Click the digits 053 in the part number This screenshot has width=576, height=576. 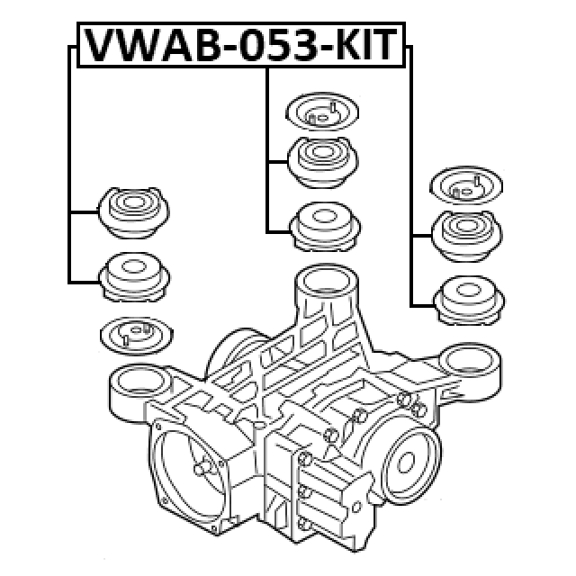point(279,45)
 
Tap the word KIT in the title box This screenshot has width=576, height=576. point(366,45)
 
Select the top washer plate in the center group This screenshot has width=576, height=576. point(322,112)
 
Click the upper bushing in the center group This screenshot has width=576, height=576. point(322,162)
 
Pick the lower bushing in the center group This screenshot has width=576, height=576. point(325,227)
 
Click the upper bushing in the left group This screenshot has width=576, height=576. point(134,212)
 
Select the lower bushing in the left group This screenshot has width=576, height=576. point(134,277)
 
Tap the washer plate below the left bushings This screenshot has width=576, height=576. point(136,336)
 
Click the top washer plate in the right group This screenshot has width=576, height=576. point(466,185)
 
